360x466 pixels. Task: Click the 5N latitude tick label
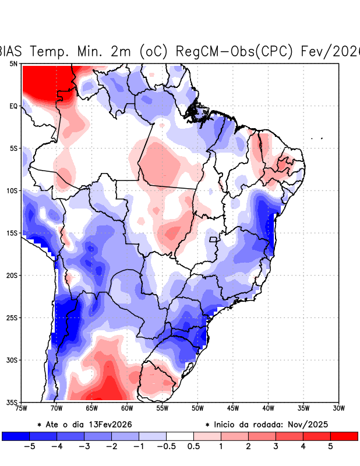13,63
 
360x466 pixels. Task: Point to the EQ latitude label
13,106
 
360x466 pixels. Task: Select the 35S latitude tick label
12,403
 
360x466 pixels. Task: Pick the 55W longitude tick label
162,409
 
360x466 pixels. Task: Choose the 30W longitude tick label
338,409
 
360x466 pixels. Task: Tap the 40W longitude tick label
268,409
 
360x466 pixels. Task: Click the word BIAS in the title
13,51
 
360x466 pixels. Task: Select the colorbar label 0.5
193,447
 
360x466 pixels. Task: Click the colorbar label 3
275,447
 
